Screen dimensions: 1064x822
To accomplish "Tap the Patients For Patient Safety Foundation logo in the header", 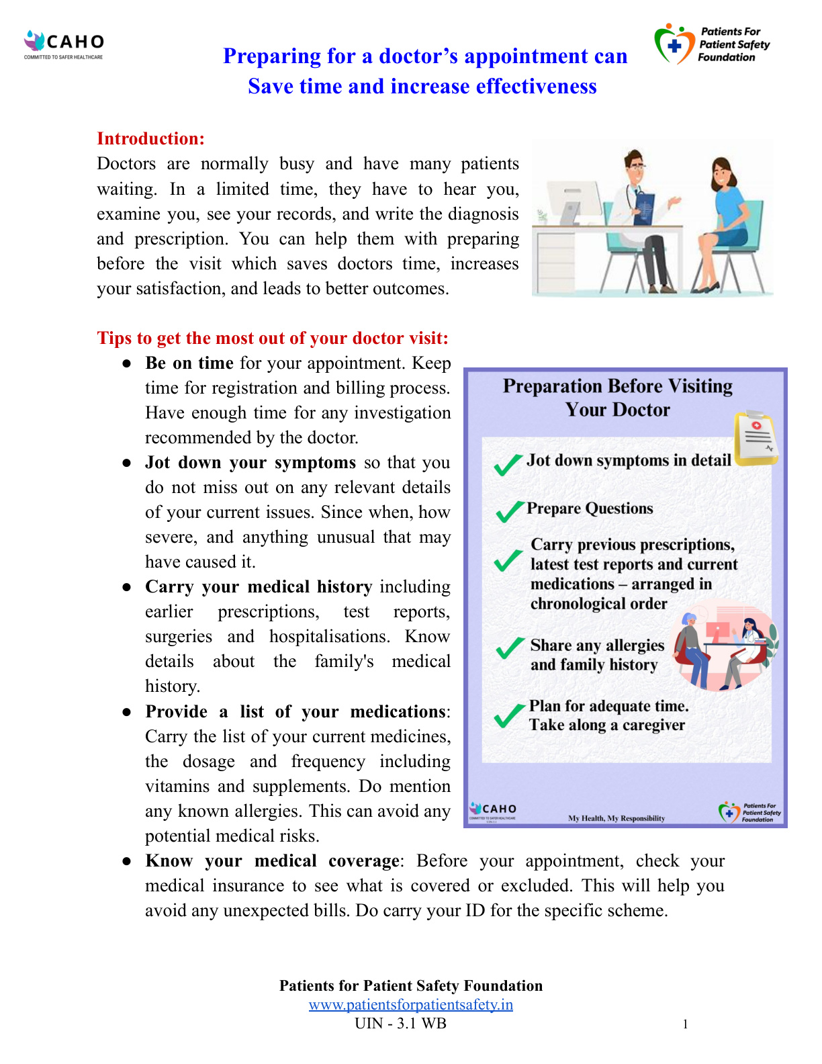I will point(712,44).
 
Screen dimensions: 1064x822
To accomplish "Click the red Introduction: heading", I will point(150,138).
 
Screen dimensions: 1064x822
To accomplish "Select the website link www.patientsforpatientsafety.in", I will point(410,1004).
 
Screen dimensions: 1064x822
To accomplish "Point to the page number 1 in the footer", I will point(685,1024).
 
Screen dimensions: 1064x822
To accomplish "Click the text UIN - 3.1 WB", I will point(400,1023).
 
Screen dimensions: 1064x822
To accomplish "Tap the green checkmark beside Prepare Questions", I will point(510,511).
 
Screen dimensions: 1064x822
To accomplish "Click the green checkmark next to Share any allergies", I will point(510,648).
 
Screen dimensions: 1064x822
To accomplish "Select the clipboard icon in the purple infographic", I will point(756,438).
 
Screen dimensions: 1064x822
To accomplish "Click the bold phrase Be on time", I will point(189,363).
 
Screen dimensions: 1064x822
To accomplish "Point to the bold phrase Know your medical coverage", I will point(272,860).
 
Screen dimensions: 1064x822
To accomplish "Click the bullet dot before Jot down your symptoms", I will point(126,463).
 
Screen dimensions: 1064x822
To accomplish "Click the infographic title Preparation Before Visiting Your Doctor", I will point(617,398).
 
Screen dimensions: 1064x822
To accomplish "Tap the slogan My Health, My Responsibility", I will point(616,818).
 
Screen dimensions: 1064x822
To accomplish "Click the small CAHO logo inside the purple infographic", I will point(493,809).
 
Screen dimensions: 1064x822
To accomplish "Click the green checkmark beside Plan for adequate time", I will point(509,715).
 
